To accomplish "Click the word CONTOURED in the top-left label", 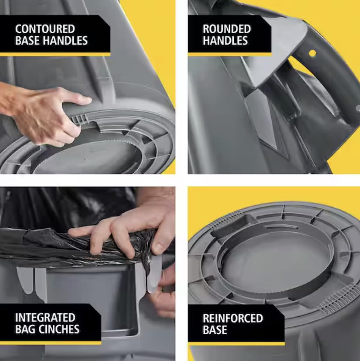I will pyautogui.click(x=45, y=29).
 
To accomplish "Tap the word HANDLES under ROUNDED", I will pyautogui.click(x=225, y=40).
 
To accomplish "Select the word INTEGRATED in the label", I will pyautogui.click(x=45, y=318).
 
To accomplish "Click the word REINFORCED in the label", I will pyautogui.click(x=233, y=318).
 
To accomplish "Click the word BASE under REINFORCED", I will pyautogui.click(x=215, y=330).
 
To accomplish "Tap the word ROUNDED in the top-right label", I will pyautogui.click(x=226, y=29).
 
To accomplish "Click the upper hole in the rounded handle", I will pyautogui.click(x=312, y=53).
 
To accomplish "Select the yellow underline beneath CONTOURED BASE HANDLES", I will pyautogui.click(x=55, y=54).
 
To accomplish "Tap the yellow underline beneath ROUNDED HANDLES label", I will pyautogui.click(x=229, y=54).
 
